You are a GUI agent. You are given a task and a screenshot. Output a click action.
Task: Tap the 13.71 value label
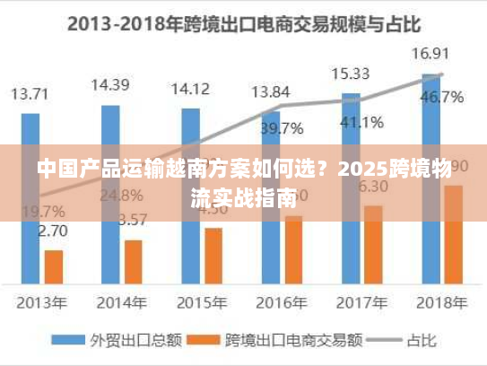pyautogui.click(x=30, y=92)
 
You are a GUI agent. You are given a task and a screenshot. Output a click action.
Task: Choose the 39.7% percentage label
pyautogui.click(x=282, y=128)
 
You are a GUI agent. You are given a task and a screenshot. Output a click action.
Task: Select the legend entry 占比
pyautogui.click(x=409, y=340)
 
